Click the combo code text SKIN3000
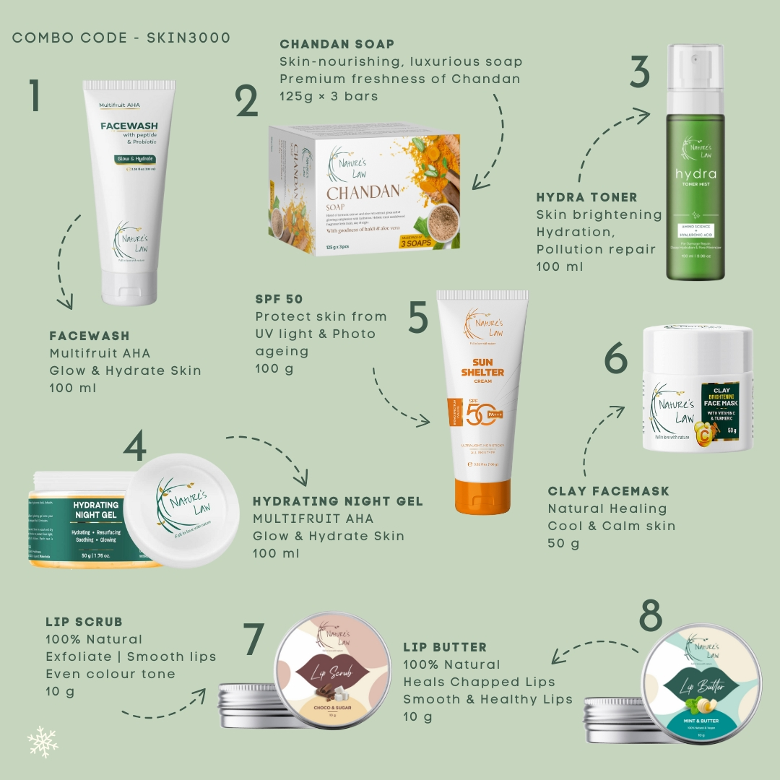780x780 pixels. (188, 38)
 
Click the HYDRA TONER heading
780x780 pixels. (586, 197)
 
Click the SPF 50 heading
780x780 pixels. (279, 299)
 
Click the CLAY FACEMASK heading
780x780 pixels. (608, 491)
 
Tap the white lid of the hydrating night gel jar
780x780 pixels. (181, 510)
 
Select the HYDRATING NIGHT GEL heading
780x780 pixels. (337, 501)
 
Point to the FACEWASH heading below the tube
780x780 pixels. (90, 336)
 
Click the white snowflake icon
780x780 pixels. (43, 742)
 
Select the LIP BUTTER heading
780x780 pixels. (445, 647)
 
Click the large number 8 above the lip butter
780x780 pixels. (651, 616)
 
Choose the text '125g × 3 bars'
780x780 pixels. (329, 96)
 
